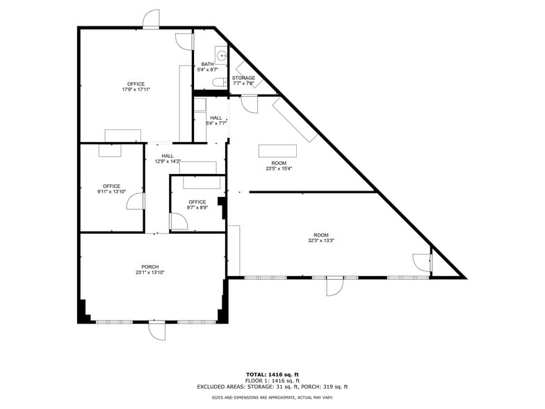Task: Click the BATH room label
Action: tap(207, 64)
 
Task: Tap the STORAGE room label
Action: tap(243, 78)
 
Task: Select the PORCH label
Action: tap(150, 267)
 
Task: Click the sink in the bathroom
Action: tap(221, 56)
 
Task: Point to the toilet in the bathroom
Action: tap(220, 82)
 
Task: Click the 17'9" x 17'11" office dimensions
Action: tap(136, 89)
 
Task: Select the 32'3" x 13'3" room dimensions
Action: tap(321, 241)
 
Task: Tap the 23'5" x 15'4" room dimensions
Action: tap(279, 168)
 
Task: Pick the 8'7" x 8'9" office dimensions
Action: tap(197, 207)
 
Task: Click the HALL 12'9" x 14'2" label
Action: tap(168, 159)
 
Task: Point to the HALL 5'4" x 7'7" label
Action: tap(216, 120)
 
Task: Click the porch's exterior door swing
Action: tap(157, 331)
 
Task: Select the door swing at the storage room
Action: tap(249, 105)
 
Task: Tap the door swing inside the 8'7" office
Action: tap(179, 221)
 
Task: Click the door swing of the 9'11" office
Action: tap(135, 202)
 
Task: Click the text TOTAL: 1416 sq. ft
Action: tap(272, 374)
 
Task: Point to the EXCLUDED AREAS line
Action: tap(272, 387)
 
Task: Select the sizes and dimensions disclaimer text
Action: tap(272, 398)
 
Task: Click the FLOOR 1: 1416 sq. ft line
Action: tap(272, 381)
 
